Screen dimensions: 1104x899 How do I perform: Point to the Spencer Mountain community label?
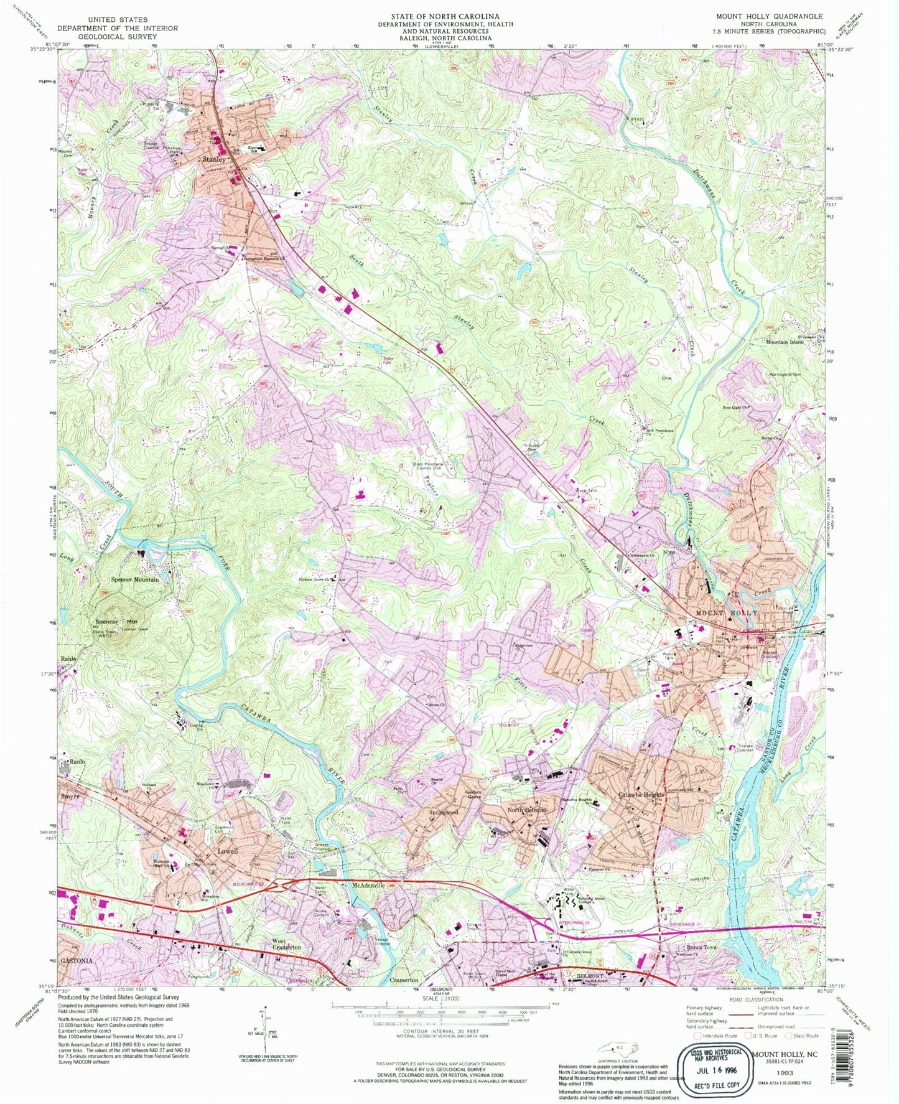[x=134, y=579]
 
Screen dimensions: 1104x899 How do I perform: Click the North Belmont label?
[x=526, y=810]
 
